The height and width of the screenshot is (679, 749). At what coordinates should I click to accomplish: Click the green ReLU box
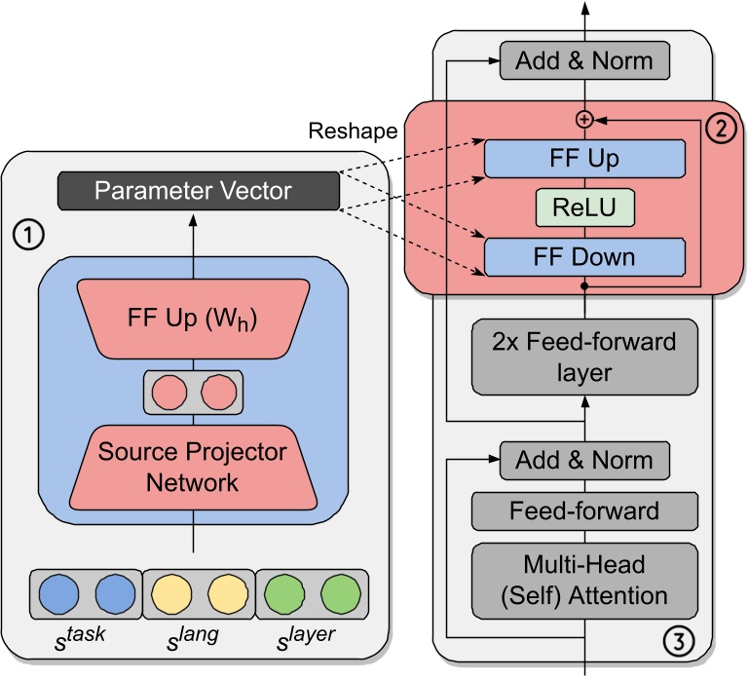585,207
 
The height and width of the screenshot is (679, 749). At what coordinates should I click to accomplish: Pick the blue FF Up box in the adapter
585,158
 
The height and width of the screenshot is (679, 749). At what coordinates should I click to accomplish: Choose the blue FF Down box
585,257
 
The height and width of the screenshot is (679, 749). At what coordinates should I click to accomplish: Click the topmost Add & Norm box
584,60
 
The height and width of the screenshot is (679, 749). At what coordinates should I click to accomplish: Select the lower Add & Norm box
584,459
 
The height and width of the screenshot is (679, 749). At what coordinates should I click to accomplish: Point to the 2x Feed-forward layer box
585,356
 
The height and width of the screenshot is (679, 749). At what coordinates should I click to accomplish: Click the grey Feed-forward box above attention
585,509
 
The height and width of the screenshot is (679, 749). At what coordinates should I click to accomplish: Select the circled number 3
678,640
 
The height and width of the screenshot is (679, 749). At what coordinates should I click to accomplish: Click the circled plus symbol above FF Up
584,119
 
